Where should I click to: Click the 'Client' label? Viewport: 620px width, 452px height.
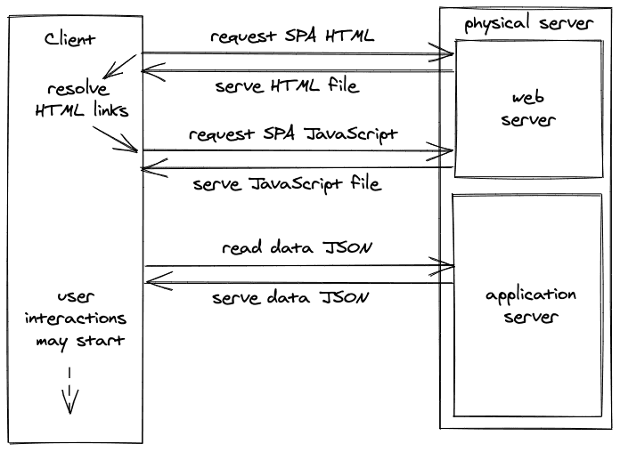69,39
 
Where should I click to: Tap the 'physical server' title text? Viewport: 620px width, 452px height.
528,23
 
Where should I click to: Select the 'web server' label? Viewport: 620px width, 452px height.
528,109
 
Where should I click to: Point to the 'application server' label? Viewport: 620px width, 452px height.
531,306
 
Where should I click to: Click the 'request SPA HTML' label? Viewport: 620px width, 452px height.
292,36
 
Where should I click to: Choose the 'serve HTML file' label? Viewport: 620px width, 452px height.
288,85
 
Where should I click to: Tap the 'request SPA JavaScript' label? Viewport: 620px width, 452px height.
293,134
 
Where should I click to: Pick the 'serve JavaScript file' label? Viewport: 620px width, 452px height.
288,184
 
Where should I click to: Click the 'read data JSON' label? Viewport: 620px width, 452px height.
297,247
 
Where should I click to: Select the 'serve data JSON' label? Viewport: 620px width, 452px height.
290,297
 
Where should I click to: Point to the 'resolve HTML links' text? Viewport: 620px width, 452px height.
82,100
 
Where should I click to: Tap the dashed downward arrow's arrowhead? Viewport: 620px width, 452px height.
70,403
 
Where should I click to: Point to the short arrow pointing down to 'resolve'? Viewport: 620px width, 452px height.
119,67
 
